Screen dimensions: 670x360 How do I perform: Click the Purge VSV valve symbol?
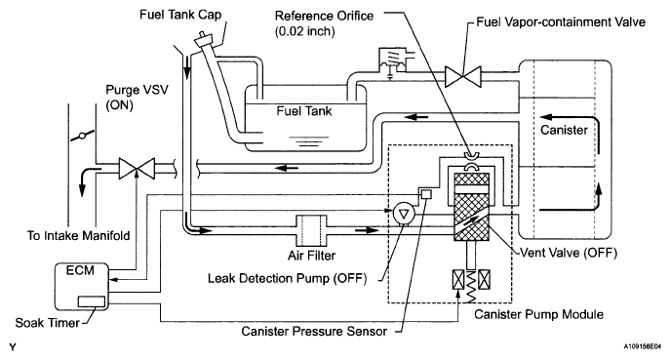point(137,168)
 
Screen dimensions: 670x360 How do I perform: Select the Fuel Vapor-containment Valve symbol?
point(463,76)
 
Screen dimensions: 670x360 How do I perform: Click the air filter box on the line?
point(311,231)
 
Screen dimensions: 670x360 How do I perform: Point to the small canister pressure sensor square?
point(426,194)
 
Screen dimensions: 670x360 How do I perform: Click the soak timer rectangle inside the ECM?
point(92,301)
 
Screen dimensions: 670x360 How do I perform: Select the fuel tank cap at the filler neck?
point(204,38)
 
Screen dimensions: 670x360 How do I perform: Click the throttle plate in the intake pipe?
point(82,137)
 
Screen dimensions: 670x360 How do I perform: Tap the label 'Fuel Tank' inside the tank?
point(304,111)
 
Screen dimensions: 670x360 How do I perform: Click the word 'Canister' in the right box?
point(564,130)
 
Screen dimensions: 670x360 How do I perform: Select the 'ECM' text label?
point(80,270)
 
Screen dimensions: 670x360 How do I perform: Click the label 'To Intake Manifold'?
point(79,235)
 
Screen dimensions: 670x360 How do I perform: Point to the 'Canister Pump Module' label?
point(538,315)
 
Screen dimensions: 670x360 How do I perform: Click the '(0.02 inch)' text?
point(304,31)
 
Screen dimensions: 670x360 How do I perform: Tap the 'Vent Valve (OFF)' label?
point(569,253)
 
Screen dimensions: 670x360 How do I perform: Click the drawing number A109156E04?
point(642,346)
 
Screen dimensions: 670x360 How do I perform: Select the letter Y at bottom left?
point(13,346)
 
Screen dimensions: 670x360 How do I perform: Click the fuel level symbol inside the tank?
point(309,141)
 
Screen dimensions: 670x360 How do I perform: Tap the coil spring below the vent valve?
point(471,286)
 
